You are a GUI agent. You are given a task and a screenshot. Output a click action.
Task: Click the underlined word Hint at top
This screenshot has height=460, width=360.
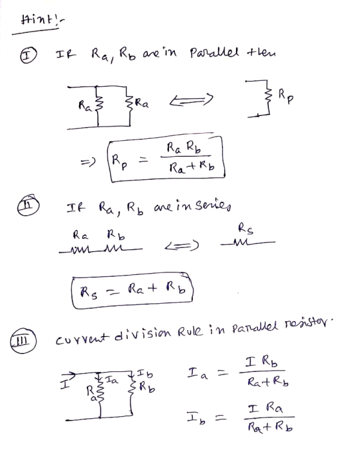point(38,22)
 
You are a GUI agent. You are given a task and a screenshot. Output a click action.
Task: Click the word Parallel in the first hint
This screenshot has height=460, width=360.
point(215,53)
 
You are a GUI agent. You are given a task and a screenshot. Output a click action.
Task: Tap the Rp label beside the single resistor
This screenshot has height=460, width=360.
point(285,96)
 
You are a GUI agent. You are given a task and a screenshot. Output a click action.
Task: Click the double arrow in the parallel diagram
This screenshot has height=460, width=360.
point(191,100)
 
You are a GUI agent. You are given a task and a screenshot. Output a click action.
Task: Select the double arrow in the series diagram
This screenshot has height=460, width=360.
point(181,246)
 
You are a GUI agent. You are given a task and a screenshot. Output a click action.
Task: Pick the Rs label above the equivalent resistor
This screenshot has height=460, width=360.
point(245,228)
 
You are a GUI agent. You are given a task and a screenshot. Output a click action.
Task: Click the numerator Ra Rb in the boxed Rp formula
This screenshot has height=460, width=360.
point(184,147)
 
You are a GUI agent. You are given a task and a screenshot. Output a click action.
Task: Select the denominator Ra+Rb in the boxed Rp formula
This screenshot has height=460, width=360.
point(192,166)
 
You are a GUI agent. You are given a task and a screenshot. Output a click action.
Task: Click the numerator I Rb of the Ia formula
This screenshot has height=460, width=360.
point(262,362)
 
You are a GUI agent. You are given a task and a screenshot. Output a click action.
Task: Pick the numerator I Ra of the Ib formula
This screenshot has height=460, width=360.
point(265,408)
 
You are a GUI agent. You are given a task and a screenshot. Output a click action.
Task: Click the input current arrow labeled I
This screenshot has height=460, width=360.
point(68,375)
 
